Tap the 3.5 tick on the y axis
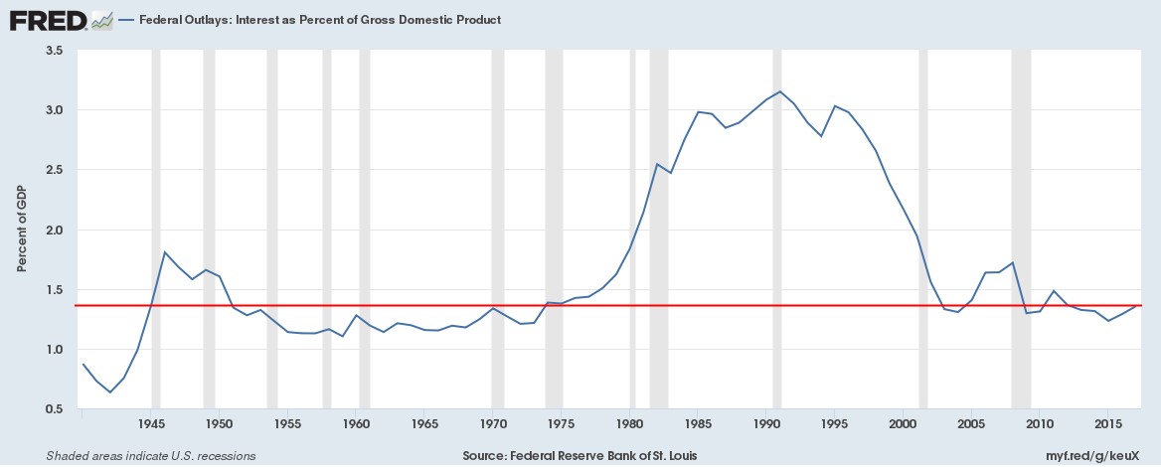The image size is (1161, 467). click(54, 50)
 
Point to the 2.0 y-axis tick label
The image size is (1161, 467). click(54, 230)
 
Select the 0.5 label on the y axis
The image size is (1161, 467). click(54, 409)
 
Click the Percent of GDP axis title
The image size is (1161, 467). click(21, 230)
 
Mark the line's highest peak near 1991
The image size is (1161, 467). click(780, 91)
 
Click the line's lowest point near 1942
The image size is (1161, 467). click(110, 392)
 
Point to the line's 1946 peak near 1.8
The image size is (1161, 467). click(165, 252)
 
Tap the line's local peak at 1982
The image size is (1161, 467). click(657, 164)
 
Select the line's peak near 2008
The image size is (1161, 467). click(1013, 262)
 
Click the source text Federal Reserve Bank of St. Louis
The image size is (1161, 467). click(580, 456)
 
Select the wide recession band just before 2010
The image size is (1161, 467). click(1021, 230)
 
